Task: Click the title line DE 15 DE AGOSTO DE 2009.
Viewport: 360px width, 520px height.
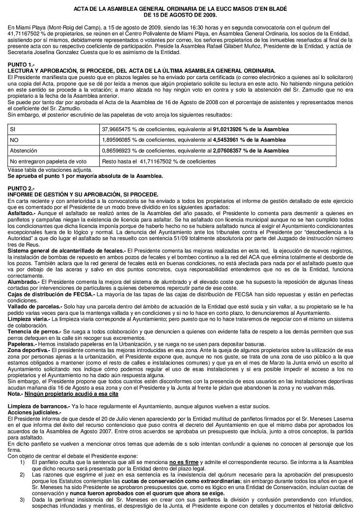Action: pos(180,15)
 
